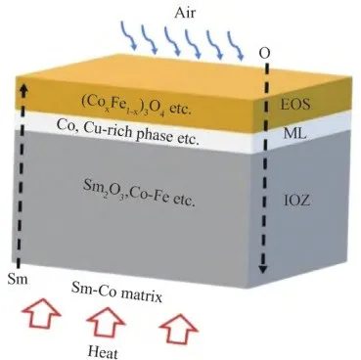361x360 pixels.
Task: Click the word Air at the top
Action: pyautogui.click(x=185, y=13)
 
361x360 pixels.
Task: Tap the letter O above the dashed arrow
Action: pyautogui.click(x=264, y=53)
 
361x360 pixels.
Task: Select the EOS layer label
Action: pyautogui.click(x=294, y=104)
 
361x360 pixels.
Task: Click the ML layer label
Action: pyautogui.click(x=294, y=133)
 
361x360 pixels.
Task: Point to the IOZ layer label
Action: pyautogui.click(x=296, y=201)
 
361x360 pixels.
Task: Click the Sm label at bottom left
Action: pyautogui.click(x=18, y=279)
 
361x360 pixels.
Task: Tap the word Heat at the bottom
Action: pyautogui.click(x=103, y=352)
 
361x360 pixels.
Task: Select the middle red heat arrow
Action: pyautogui.click(x=107, y=321)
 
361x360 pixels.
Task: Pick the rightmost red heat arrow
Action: pyautogui.click(x=179, y=327)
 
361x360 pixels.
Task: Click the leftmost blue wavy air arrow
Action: pyautogui.click(x=129, y=35)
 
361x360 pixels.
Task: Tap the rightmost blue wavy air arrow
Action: pyautogui.click(x=236, y=46)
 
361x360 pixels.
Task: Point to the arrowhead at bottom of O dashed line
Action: pyautogui.click(x=263, y=269)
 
